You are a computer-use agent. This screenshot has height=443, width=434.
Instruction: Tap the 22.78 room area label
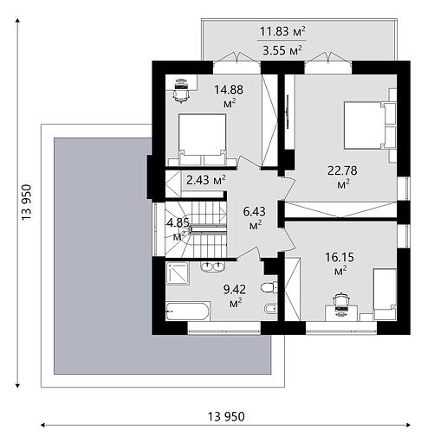(342, 177)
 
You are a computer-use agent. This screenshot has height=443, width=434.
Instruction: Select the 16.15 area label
(340, 263)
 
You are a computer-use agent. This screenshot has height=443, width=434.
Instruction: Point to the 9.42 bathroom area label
(235, 295)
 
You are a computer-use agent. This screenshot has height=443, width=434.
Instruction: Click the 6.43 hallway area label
(255, 218)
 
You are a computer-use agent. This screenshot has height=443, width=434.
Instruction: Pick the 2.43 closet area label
(206, 180)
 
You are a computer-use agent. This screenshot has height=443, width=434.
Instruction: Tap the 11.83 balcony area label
(282, 31)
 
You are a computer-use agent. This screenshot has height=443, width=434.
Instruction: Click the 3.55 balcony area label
(282, 50)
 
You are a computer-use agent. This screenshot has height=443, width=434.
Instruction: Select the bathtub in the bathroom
(188, 311)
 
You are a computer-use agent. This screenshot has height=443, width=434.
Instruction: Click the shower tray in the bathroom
(178, 273)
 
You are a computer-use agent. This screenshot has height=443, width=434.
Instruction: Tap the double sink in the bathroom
(212, 266)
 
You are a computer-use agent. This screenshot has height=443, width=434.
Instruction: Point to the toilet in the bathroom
(269, 287)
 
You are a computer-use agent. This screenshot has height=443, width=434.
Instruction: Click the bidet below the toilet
(270, 309)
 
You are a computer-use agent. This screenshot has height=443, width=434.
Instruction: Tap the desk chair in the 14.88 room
(181, 91)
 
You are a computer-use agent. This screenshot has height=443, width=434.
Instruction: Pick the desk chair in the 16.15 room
(341, 305)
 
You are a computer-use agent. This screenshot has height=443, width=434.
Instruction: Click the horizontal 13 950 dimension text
(226, 416)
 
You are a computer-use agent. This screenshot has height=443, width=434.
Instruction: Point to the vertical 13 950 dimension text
(26, 202)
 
